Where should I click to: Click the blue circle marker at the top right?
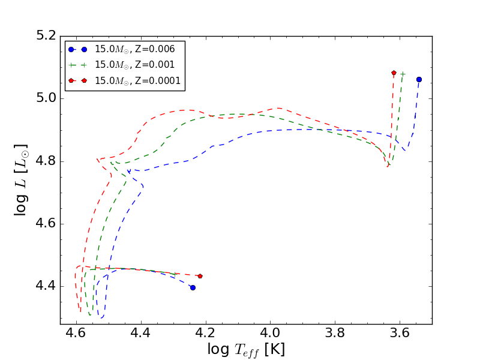coord(419,79)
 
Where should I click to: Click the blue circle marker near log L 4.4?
coord(193,287)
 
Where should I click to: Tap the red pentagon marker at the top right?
coord(394,73)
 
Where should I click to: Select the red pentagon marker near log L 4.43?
coord(200,276)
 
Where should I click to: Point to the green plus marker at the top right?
coord(403,74)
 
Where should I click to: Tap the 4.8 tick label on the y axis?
coord(46,161)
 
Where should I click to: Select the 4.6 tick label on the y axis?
coord(46,224)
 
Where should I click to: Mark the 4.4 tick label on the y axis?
coord(46,286)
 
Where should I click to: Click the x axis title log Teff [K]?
coord(246,349)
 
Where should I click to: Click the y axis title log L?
coord(22,180)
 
